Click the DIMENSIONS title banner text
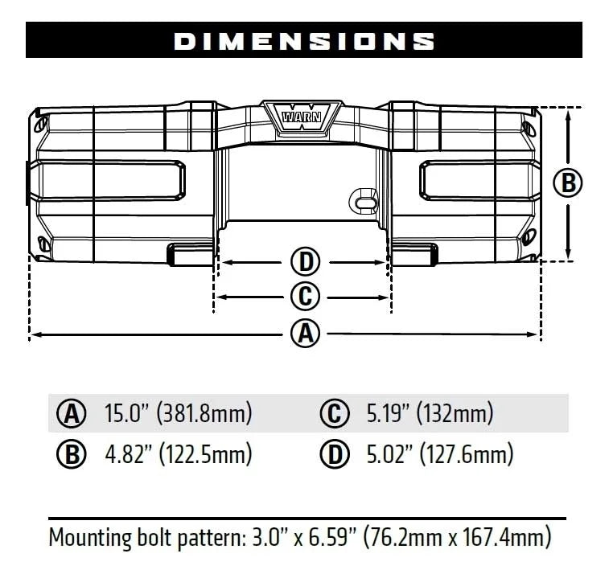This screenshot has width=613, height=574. [x=304, y=41]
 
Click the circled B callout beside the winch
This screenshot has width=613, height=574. [x=568, y=183]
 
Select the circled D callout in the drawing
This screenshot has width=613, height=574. [x=304, y=261]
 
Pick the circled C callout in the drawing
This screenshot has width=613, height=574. [x=304, y=297]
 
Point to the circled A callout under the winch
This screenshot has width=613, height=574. [x=304, y=333]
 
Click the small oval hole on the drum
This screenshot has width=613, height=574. [x=364, y=199]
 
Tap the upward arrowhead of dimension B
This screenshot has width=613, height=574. [x=569, y=113]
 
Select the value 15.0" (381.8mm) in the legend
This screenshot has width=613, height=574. [x=179, y=414]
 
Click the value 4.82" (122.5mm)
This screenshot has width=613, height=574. [x=179, y=454]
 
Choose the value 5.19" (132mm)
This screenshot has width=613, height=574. [x=430, y=414]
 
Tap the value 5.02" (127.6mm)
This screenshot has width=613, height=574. [x=439, y=454]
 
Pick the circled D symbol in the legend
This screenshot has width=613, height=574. [x=334, y=455]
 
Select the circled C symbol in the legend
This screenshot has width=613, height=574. [x=334, y=415]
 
